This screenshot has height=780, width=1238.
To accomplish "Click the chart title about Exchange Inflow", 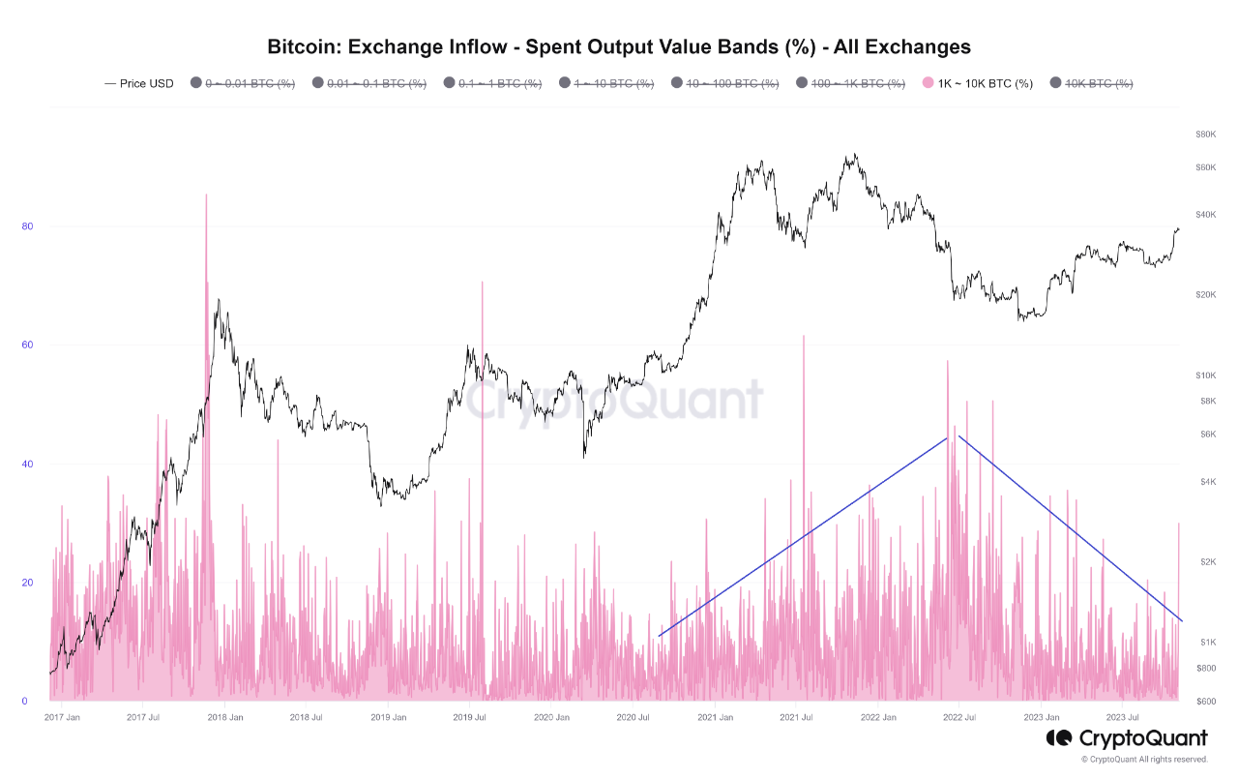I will tap(619, 46).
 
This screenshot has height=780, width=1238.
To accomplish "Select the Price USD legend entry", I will tap(139, 84).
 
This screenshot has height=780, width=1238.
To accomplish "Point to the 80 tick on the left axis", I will tap(27, 226).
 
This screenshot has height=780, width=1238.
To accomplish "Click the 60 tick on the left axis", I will tap(27, 345).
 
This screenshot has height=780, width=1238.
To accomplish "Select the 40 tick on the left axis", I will tap(27, 465).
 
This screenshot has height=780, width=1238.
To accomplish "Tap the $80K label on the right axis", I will tap(1205, 134).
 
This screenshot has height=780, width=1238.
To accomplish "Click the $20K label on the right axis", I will tap(1205, 294).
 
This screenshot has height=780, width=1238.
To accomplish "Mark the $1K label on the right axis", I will tap(1207, 643).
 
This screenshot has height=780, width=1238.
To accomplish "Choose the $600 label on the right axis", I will tap(1206, 702).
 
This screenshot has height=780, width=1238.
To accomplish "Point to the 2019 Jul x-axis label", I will tap(470, 717).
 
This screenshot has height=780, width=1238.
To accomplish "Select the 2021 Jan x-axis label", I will tap(714, 717).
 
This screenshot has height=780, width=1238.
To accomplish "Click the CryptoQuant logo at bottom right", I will tap(1127, 738).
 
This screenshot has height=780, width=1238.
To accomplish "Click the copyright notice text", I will tap(1144, 760).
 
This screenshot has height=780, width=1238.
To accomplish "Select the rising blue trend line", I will tap(803, 537).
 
